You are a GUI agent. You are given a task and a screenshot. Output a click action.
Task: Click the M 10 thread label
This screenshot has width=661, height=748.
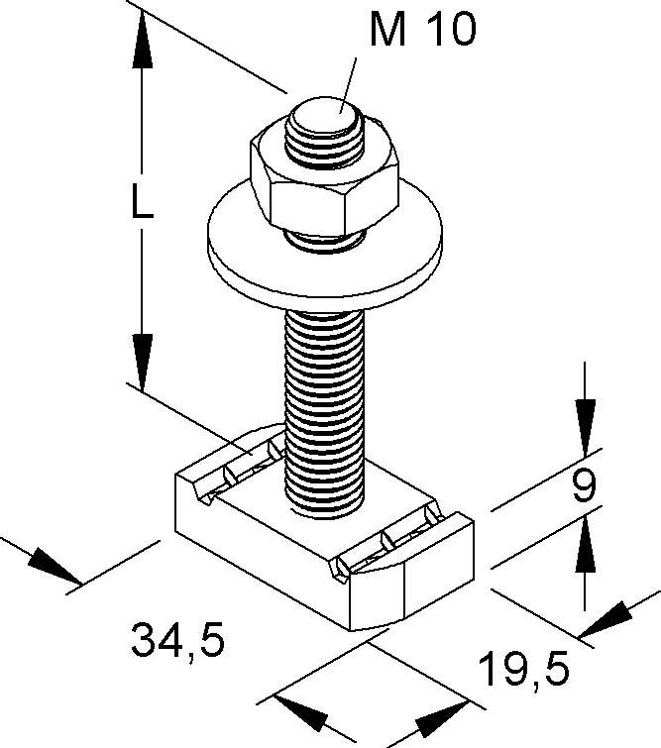422,30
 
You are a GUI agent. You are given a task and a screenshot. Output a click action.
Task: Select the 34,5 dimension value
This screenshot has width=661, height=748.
177,641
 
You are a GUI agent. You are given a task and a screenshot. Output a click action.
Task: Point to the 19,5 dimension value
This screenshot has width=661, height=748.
527,671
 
